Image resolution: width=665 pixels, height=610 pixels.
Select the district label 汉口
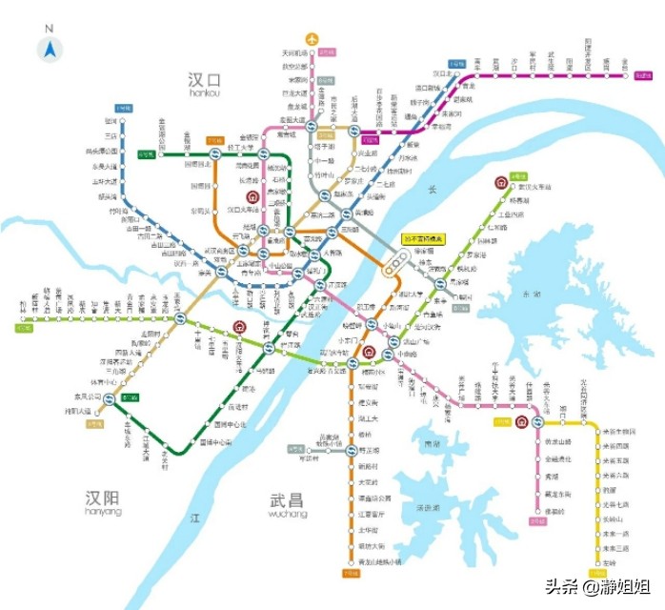point(204,78)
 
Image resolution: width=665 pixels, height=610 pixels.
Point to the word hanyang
point(103,512)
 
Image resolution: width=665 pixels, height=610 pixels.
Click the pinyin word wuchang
point(288,514)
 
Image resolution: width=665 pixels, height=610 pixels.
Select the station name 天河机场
point(295,52)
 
